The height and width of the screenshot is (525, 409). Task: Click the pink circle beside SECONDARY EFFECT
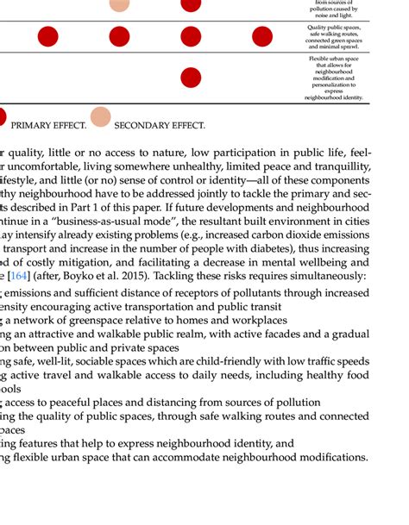pyautogui.click(x=101, y=117)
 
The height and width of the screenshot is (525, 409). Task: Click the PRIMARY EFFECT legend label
pyautogui.click(x=48, y=126)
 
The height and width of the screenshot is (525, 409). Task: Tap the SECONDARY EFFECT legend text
pyautogui.click(x=159, y=126)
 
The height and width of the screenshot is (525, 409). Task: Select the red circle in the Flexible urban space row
pyautogui.click(x=190, y=78)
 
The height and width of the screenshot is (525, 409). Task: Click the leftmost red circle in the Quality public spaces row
pyautogui.click(x=48, y=36)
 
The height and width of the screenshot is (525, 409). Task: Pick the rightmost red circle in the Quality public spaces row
pyautogui.click(x=261, y=36)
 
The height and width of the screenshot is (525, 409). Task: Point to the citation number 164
pyautogui.click(x=18, y=277)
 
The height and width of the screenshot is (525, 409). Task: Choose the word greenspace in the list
pyautogui.click(x=91, y=319)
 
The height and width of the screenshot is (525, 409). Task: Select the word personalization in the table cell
pyautogui.click(x=333, y=84)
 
